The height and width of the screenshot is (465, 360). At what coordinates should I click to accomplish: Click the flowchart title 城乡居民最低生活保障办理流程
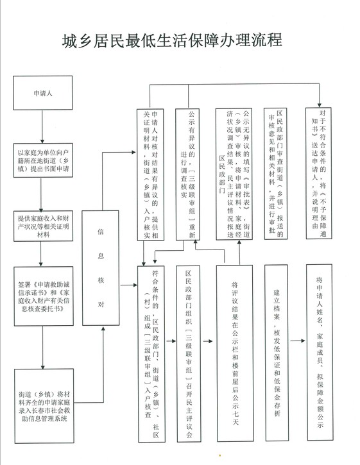pyautogui.click(x=172, y=40)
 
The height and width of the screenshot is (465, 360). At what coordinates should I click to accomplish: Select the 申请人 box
pyautogui.click(x=43, y=93)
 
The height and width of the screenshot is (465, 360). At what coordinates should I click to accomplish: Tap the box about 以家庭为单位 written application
pyautogui.click(x=43, y=160)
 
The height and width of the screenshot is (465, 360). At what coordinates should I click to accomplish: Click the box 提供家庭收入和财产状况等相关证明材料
pyautogui.click(x=43, y=226)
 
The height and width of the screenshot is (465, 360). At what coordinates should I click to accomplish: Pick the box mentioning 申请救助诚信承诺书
pyautogui.click(x=44, y=296)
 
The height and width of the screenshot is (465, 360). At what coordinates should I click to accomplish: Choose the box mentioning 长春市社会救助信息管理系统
pyautogui.click(x=44, y=406)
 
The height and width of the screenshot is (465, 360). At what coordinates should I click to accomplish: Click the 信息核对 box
pyautogui.click(x=101, y=268)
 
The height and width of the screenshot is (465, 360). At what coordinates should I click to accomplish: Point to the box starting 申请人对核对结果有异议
pyautogui.click(x=150, y=174)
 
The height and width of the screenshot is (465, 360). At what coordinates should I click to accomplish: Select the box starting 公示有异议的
pyautogui.click(x=187, y=174)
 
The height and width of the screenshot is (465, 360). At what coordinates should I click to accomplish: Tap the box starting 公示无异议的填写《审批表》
pyautogui.click(x=234, y=174)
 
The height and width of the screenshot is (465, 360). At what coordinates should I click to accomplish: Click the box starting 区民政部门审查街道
pyautogui.click(x=276, y=173)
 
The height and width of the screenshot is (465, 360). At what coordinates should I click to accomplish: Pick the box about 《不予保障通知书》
pyautogui.click(x=319, y=173)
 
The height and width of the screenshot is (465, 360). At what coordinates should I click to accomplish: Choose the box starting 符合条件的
pyautogui.click(x=151, y=354)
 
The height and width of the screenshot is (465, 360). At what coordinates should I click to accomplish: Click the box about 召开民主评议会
pyautogui.click(x=189, y=354)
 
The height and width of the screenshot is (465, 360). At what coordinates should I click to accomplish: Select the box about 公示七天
pyautogui.click(x=235, y=353)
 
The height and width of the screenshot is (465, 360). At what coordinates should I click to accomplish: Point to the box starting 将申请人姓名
pyautogui.click(x=320, y=353)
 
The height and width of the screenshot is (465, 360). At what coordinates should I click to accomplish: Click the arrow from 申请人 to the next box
pyautogui.click(x=42, y=126)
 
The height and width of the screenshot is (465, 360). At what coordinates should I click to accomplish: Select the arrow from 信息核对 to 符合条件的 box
pyautogui.click(x=128, y=285)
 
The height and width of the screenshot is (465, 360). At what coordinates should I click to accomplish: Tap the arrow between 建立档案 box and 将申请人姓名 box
pyautogui.click(x=298, y=341)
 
